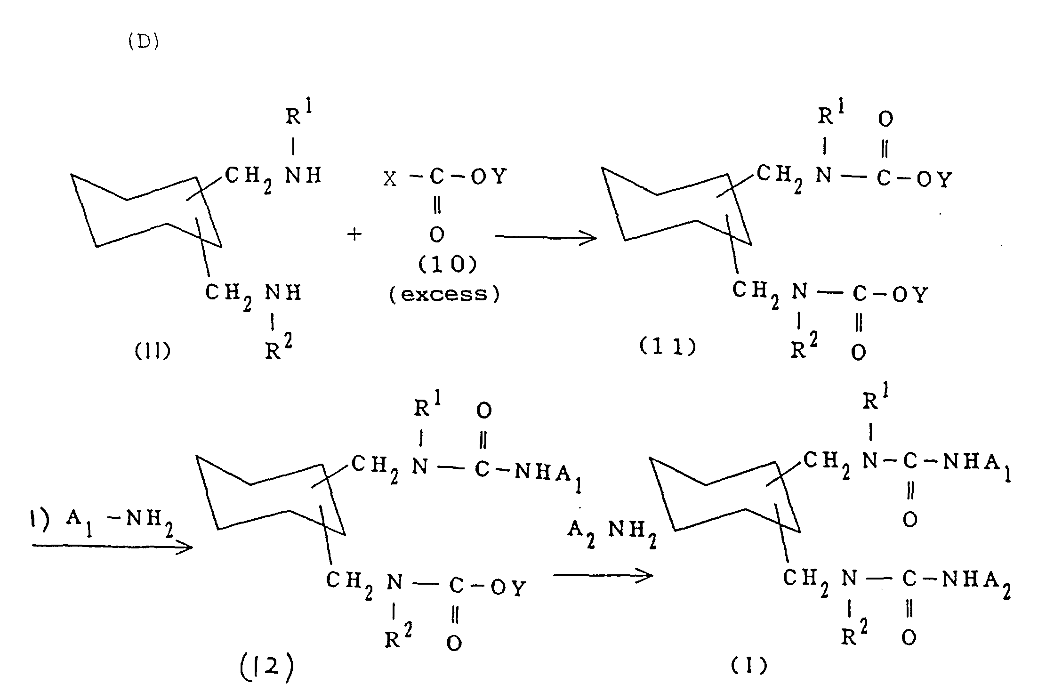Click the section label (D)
(x=144, y=42)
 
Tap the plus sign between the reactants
(x=354, y=234)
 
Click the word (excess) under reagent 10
(x=444, y=294)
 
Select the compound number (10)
(x=447, y=265)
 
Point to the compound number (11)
(x=668, y=347)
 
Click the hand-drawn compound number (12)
(x=267, y=667)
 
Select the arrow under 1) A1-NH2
(x=113, y=547)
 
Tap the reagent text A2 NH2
(x=612, y=532)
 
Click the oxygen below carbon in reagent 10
(x=437, y=234)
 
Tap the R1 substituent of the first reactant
(x=298, y=112)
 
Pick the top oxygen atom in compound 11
(x=885, y=119)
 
